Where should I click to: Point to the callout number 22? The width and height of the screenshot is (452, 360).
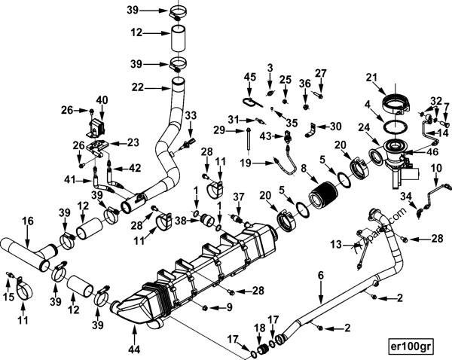[x=137, y=87]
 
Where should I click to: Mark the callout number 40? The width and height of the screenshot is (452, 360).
[x=102, y=99]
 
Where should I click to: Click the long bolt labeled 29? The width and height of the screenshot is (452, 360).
[x=248, y=140]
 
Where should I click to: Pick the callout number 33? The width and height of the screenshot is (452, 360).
[x=191, y=115]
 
